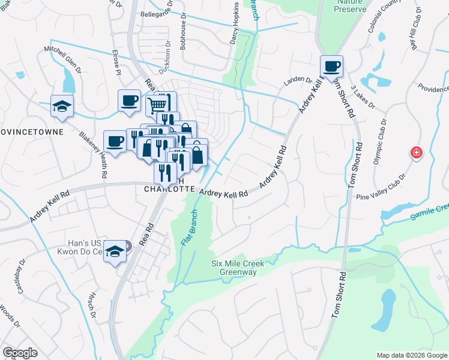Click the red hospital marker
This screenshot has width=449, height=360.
(415, 153)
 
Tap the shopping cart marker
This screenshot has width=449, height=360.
(156, 106)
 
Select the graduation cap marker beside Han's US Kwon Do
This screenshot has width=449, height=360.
(114, 252)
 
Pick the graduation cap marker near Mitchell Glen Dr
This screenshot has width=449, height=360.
(62, 106)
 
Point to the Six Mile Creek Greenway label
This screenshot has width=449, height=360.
(234, 268)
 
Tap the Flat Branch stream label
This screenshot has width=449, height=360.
(190, 229)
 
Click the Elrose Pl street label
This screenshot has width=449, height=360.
(116, 62)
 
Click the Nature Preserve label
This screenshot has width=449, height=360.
(350, 5)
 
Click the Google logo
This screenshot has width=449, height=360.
(20, 353)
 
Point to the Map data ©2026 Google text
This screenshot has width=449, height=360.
(412, 355)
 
